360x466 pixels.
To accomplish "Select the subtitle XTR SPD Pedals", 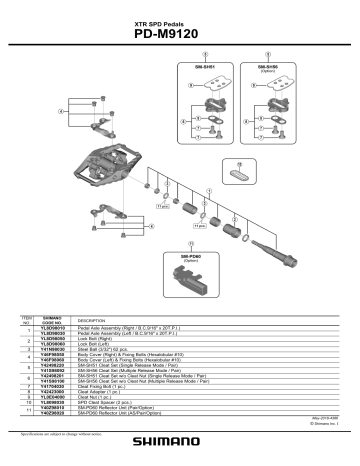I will pyautogui.click(x=181, y=18).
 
